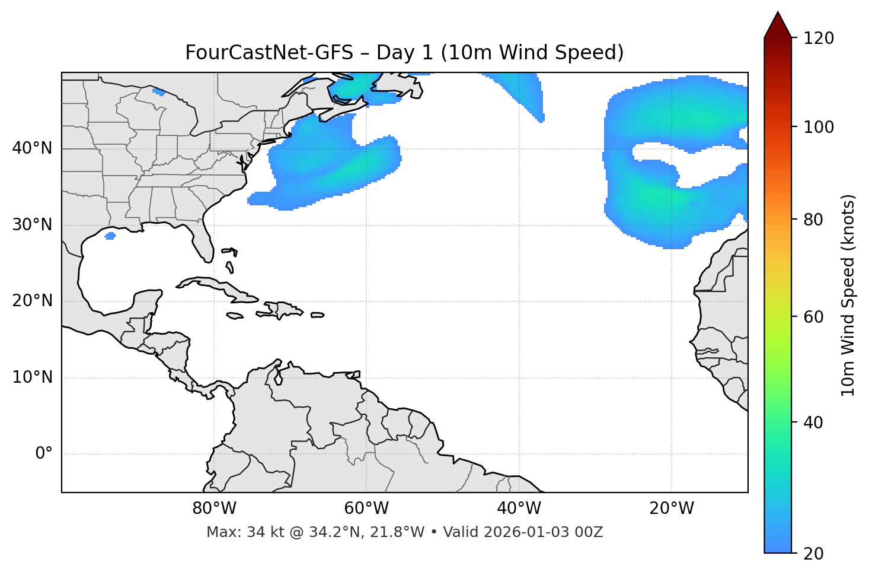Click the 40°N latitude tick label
(x=32, y=148)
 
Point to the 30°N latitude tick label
(x=32, y=225)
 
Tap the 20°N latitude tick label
(x=32, y=301)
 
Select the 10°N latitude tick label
(x=32, y=377)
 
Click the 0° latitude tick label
(x=44, y=454)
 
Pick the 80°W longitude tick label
(x=214, y=509)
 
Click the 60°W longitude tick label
(x=366, y=509)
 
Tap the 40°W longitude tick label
(x=519, y=509)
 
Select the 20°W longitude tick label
(x=671, y=509)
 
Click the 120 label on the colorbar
(x=819, y=38)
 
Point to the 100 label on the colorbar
(x=819, y=127)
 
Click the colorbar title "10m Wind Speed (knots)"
(x=848, y=295)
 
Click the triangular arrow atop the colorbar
(x=778, y=25)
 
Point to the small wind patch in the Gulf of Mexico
(x=110, y=236)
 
